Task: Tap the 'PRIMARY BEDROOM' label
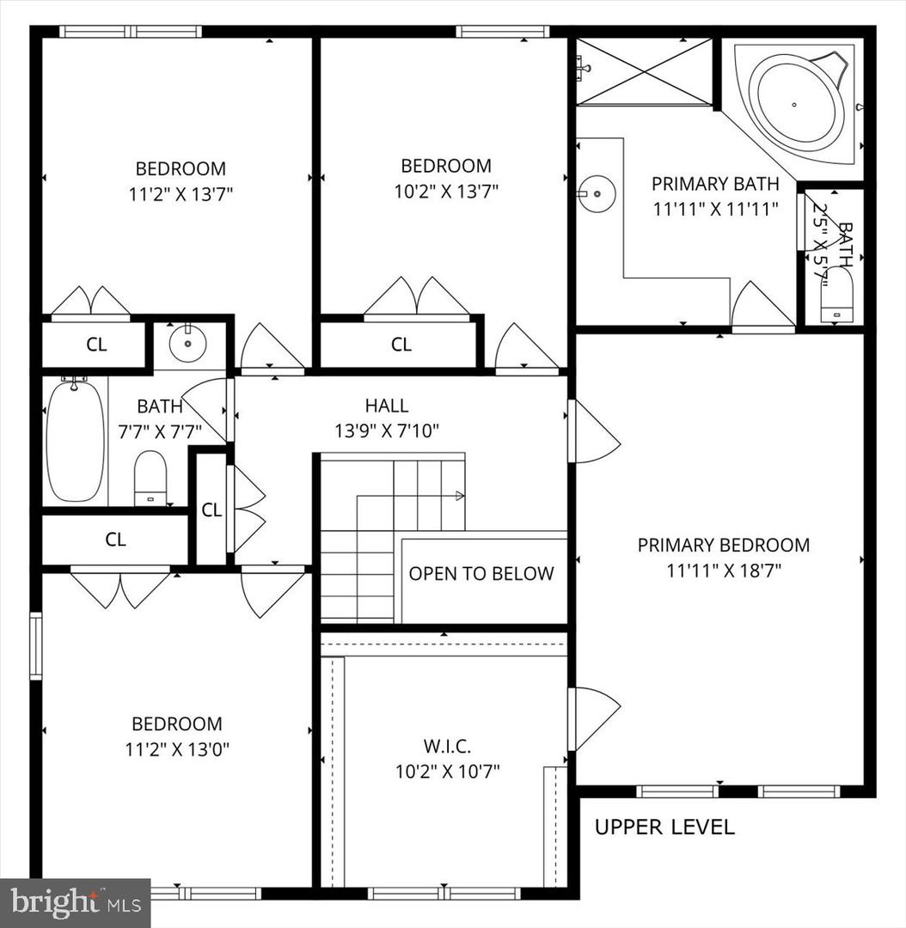(724, 545)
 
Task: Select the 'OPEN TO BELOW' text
(481, 573)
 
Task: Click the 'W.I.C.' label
(448, 747)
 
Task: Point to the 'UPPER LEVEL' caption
(664, 827)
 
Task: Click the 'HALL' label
(387, 406)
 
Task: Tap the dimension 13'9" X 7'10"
(387, 430)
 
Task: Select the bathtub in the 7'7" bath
(76, 442)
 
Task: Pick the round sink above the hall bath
(187, 343)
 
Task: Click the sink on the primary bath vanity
(597, 193)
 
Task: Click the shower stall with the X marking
(645, 71)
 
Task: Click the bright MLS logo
(75, 902)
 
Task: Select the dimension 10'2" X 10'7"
(448, 772)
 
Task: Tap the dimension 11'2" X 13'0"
(177, 750)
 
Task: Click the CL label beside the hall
(211, 510)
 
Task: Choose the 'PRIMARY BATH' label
(715, 184)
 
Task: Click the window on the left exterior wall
(36, 645)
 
